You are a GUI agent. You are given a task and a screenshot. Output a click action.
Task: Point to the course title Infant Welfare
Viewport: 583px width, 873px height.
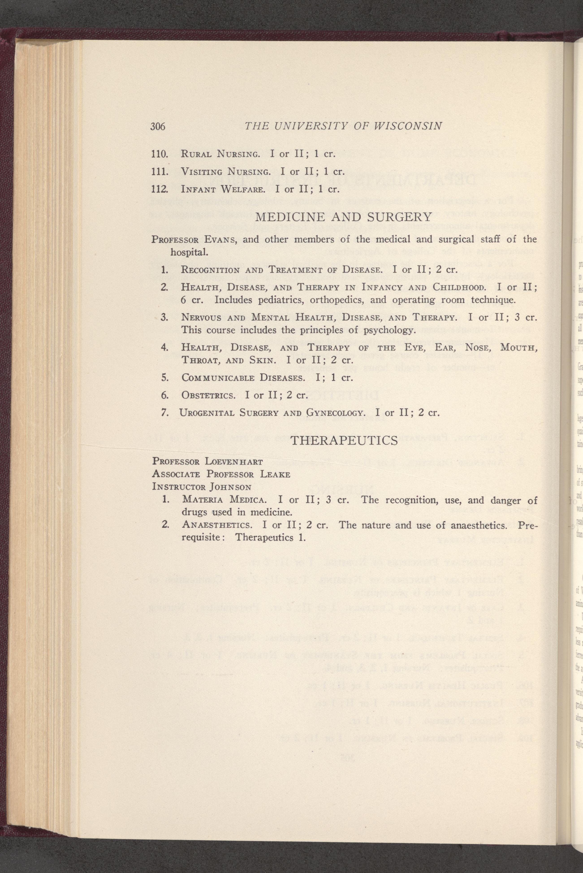[223, 189]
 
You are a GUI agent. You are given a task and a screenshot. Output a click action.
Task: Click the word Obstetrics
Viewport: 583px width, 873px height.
[208, 395]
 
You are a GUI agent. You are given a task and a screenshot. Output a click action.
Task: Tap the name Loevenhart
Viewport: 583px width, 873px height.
[233, 462]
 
